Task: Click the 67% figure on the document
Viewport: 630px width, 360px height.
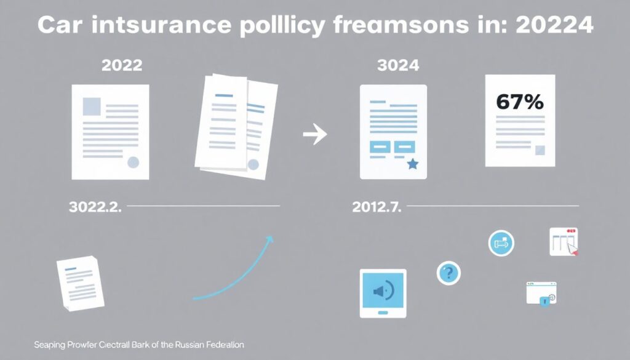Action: point(519,102)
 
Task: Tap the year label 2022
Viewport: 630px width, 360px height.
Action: point(122,65)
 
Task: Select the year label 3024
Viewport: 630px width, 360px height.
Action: point(398,65)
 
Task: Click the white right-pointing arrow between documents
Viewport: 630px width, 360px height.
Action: point(315,134)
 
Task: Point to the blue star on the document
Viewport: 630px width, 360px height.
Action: point(413,164)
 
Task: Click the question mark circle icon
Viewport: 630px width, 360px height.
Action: point(449,273)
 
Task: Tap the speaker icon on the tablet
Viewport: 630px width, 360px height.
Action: point(383,290)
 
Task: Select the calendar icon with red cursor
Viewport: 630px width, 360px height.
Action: point(564,242)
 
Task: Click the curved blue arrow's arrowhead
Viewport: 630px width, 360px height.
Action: point(270,239)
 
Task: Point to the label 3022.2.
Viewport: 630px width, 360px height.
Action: point(95,207)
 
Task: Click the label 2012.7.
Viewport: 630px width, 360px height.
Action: point(377,207)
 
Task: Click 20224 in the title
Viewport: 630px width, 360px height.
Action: point(554,25)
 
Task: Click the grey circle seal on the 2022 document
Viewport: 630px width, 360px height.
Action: point(133,162)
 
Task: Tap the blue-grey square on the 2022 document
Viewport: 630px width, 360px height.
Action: point(92,106)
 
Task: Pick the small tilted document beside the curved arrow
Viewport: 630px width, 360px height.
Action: point(81,283)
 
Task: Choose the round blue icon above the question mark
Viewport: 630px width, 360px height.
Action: point(501,243)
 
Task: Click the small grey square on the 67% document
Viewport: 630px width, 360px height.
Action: point(540,150)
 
